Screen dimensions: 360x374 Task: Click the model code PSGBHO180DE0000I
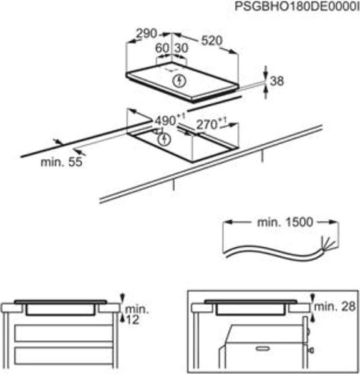coord(297,6)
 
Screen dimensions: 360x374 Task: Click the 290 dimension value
coord(147,34)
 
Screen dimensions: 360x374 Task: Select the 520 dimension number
coord(212,41)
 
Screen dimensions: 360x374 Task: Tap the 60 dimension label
coord(162,48)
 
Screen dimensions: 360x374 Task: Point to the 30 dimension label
coord(182,48)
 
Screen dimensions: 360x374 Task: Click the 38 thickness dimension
coord(277,81)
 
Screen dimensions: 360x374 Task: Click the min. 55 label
coord(62,162)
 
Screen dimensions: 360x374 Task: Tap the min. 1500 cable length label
coord(285,222)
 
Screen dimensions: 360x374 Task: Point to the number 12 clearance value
coord(133,320)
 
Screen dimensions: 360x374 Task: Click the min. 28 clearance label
coord(334,307)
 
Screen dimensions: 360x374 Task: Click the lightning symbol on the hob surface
coord(179,81)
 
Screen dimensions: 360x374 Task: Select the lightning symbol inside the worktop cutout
coord(165,139)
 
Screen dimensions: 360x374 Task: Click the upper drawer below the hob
coord(64,333)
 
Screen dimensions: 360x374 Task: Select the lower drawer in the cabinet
coord(64,356)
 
